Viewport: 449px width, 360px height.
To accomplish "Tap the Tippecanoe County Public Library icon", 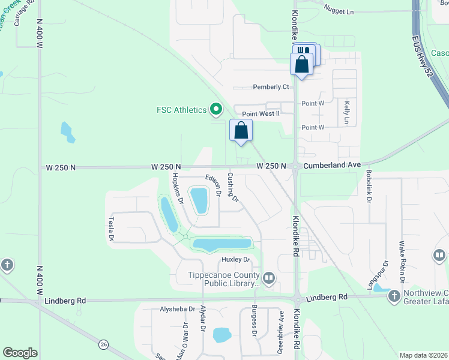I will point(268,277).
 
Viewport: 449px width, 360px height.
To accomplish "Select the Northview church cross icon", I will point(394,296).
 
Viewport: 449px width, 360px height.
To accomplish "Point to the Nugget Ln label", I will point(339,11).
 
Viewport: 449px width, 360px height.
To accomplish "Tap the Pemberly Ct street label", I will point(271,87).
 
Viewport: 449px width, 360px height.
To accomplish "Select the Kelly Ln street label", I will point(346,113).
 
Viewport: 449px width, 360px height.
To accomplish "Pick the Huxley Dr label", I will point(235,259).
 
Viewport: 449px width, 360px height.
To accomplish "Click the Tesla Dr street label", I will point(111,229).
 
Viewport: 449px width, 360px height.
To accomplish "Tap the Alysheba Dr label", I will point(178,310).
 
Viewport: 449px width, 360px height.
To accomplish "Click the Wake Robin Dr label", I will point(402,263).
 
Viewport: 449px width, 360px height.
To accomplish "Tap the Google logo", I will point(20,353).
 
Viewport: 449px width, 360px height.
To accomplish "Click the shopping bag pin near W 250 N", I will point(241,130).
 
